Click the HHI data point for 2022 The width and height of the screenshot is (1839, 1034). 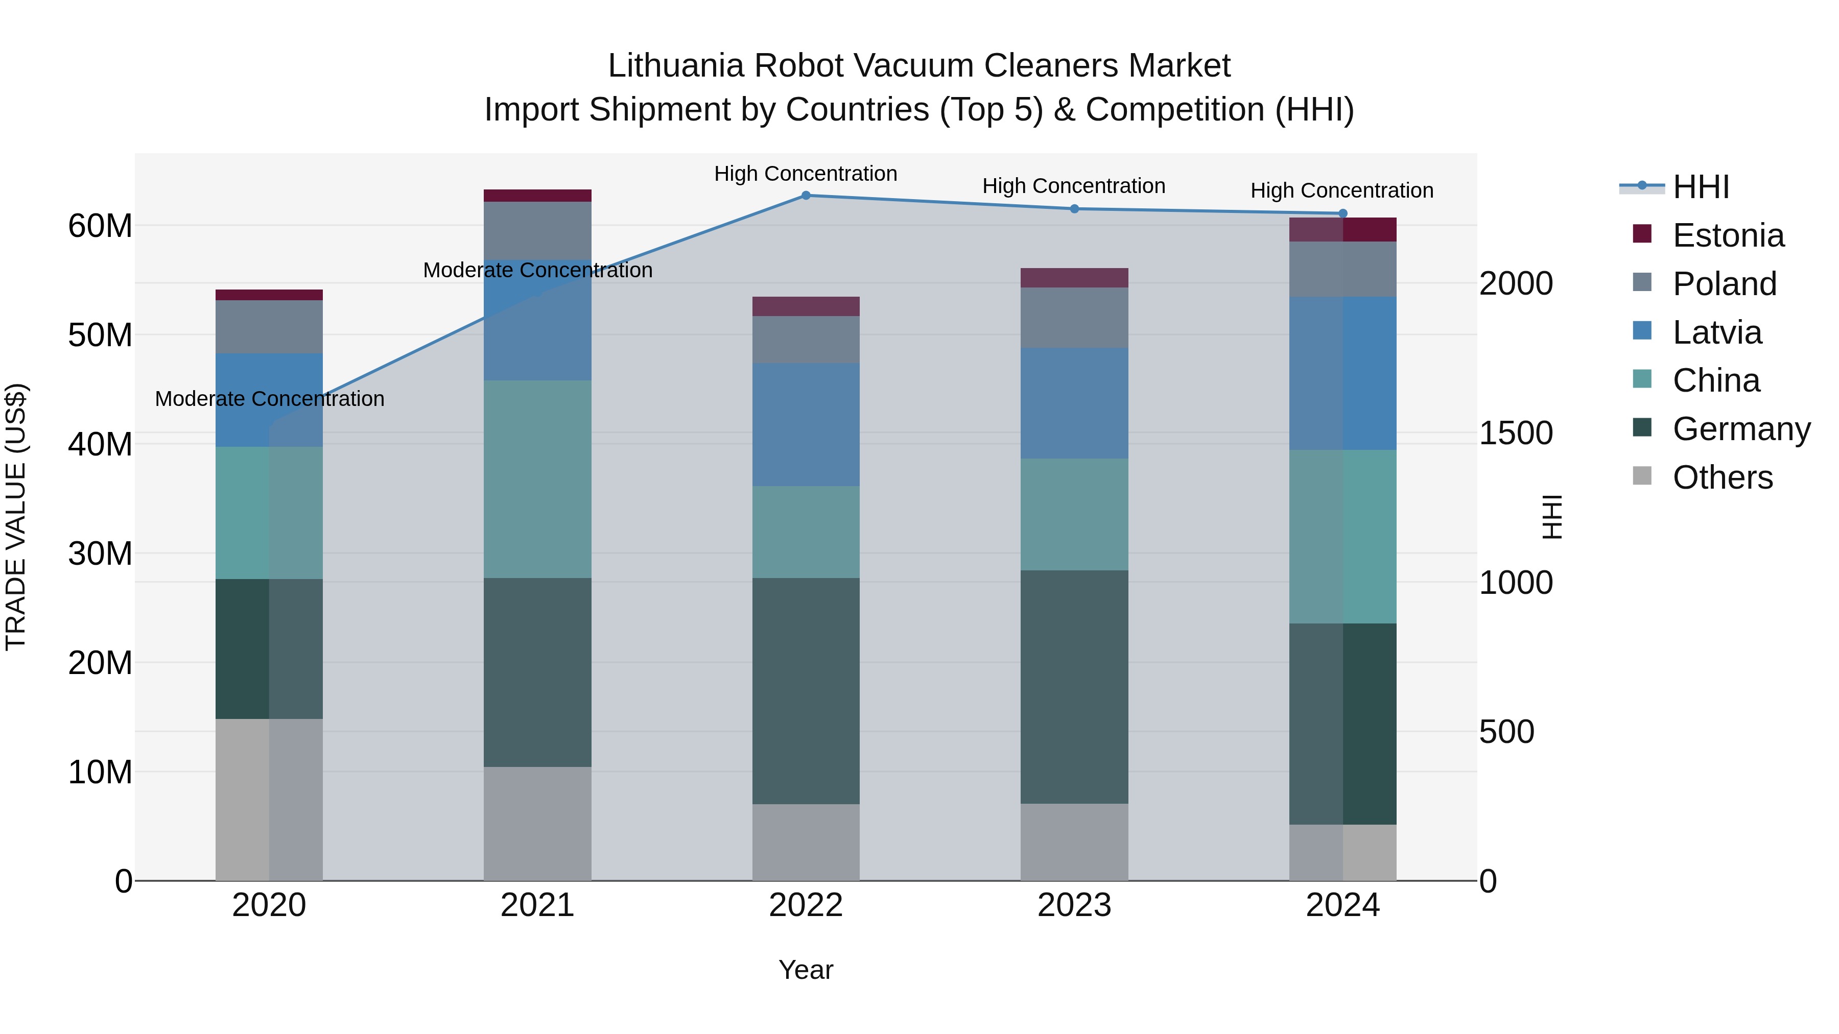pyautogui.click(x=806, y=196)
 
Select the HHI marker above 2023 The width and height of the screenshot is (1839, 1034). pyautogui.click(x=1074, y=209)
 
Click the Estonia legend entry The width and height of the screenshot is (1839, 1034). pyautogui.click(x=1728, y=235)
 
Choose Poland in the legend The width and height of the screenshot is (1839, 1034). pyautogui.click(x=1724, y=284)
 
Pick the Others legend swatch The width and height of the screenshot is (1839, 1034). pyautogui.click(x=1642, y=476)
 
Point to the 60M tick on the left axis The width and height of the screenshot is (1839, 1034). pyautogui.click(x=100, y=226)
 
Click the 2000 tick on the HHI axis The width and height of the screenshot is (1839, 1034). pyautogui.click(x=1516, y=283)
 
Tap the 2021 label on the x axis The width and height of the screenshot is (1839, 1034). pyautogui.click(x=537, y=905)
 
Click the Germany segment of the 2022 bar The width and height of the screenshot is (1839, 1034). pyautogui.click(x=806, y=691)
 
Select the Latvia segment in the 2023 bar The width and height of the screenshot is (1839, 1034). pyautogui.click(x=1074, y=403)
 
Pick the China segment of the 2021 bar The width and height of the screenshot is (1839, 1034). pyautogui.click(x=537, y=479)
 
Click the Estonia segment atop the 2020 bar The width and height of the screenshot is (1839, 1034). pyautogui.click(x=269, y=295)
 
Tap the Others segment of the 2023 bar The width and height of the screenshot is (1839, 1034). pyautogui.click(x=1074, y=842)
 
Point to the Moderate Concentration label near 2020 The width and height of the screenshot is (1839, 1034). pyautogui.click(x=269, y=399)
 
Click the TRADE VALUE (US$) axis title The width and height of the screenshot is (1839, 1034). pyautogui.click(x=16, y=517)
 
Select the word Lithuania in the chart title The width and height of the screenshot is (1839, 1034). pyautogui.click(x=675, y=66)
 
